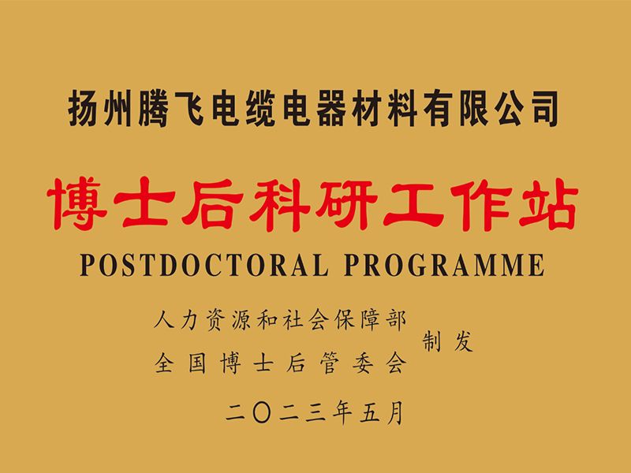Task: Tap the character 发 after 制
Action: point(463,345)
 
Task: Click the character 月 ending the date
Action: point(401,412)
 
